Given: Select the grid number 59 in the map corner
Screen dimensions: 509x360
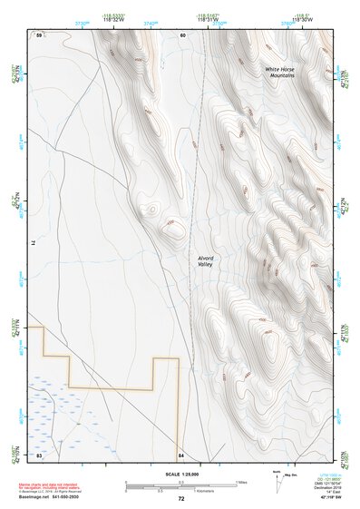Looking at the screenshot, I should tap(39, 34).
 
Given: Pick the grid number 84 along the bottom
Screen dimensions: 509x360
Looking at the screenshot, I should tap(181, 454).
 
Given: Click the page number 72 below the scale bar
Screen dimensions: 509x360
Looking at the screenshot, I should tap(181, 499).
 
